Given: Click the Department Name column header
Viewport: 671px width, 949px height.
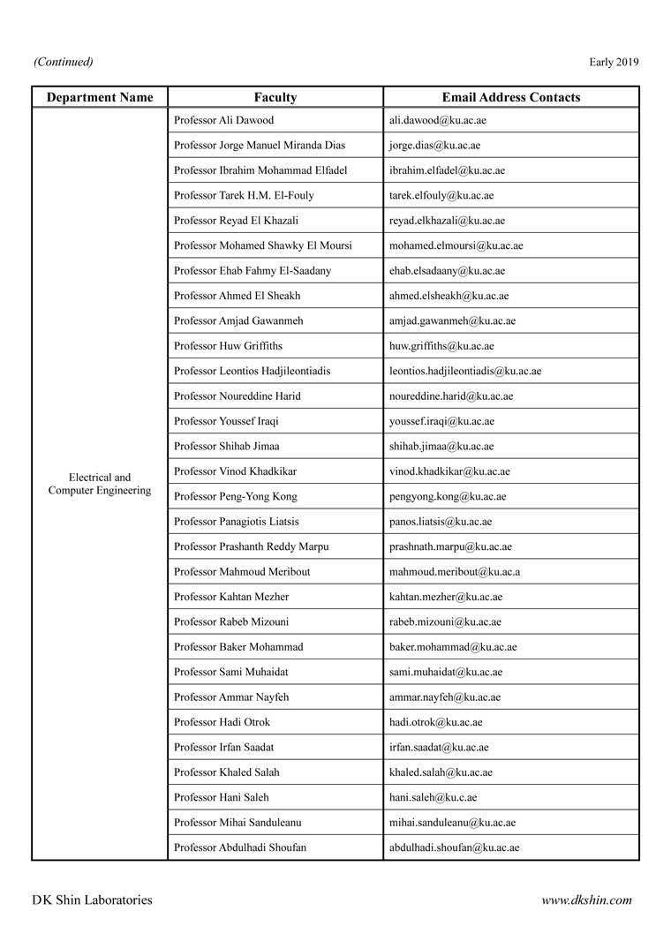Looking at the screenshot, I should coord(100,97).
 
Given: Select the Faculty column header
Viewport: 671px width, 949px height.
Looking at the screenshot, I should coord(275,97).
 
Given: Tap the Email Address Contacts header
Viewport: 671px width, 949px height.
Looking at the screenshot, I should coord(511,97).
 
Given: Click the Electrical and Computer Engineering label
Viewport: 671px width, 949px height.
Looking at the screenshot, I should coord(100,484).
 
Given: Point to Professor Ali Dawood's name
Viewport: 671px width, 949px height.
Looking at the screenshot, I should coord(224,120).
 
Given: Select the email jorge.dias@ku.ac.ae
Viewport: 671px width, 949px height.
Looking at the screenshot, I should coord(434,145).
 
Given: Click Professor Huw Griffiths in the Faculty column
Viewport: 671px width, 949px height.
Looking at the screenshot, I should coord(229,346).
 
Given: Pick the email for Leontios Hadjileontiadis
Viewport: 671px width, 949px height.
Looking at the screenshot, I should coord(465,371).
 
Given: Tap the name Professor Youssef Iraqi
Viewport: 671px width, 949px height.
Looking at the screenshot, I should coord(226,421).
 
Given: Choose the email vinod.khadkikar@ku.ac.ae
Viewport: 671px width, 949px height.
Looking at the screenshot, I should coord(449,471).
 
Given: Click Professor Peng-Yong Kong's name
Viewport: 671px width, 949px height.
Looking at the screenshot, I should coord(236,496).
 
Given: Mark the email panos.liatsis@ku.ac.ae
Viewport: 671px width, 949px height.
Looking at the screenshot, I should coord(441,522).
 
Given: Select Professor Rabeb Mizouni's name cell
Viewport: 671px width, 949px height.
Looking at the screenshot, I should coord(231,621).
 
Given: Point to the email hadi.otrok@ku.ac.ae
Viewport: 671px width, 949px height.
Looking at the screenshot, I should coord(435,722).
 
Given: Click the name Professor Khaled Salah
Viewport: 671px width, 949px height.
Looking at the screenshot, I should coord(227,772).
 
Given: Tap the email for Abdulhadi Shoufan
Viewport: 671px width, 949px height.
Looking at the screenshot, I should coord(454,847).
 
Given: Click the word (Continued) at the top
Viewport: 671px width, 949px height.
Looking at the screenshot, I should coord(63,62).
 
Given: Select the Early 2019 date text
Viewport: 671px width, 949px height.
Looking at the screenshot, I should coord(614,62).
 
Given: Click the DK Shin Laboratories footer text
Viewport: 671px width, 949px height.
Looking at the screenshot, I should coord(92,900).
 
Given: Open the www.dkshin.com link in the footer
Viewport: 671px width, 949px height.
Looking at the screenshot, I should coord(586,900).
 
